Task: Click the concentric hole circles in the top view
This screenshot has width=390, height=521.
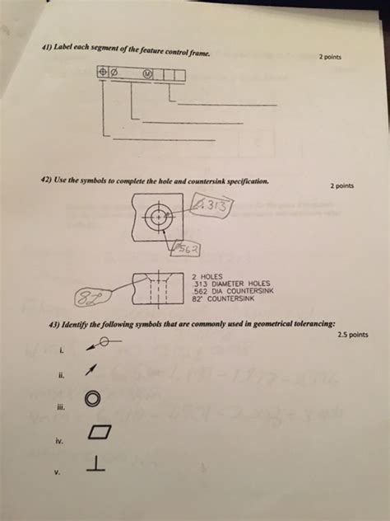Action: (x=156, y=218)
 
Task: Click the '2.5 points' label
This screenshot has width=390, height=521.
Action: (x=353, y=335)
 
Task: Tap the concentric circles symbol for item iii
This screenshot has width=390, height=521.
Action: (x=93, y=400)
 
